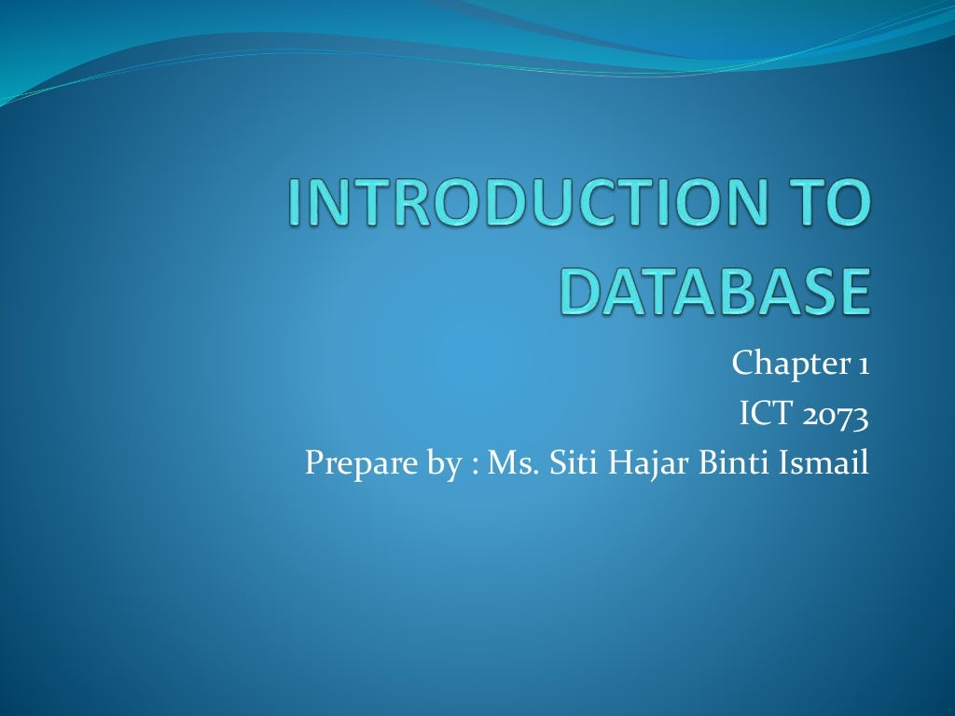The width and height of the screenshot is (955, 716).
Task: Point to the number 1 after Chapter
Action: point(864,364)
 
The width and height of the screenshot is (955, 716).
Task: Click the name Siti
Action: point(571,461)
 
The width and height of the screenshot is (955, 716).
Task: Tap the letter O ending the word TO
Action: point(851,204)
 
